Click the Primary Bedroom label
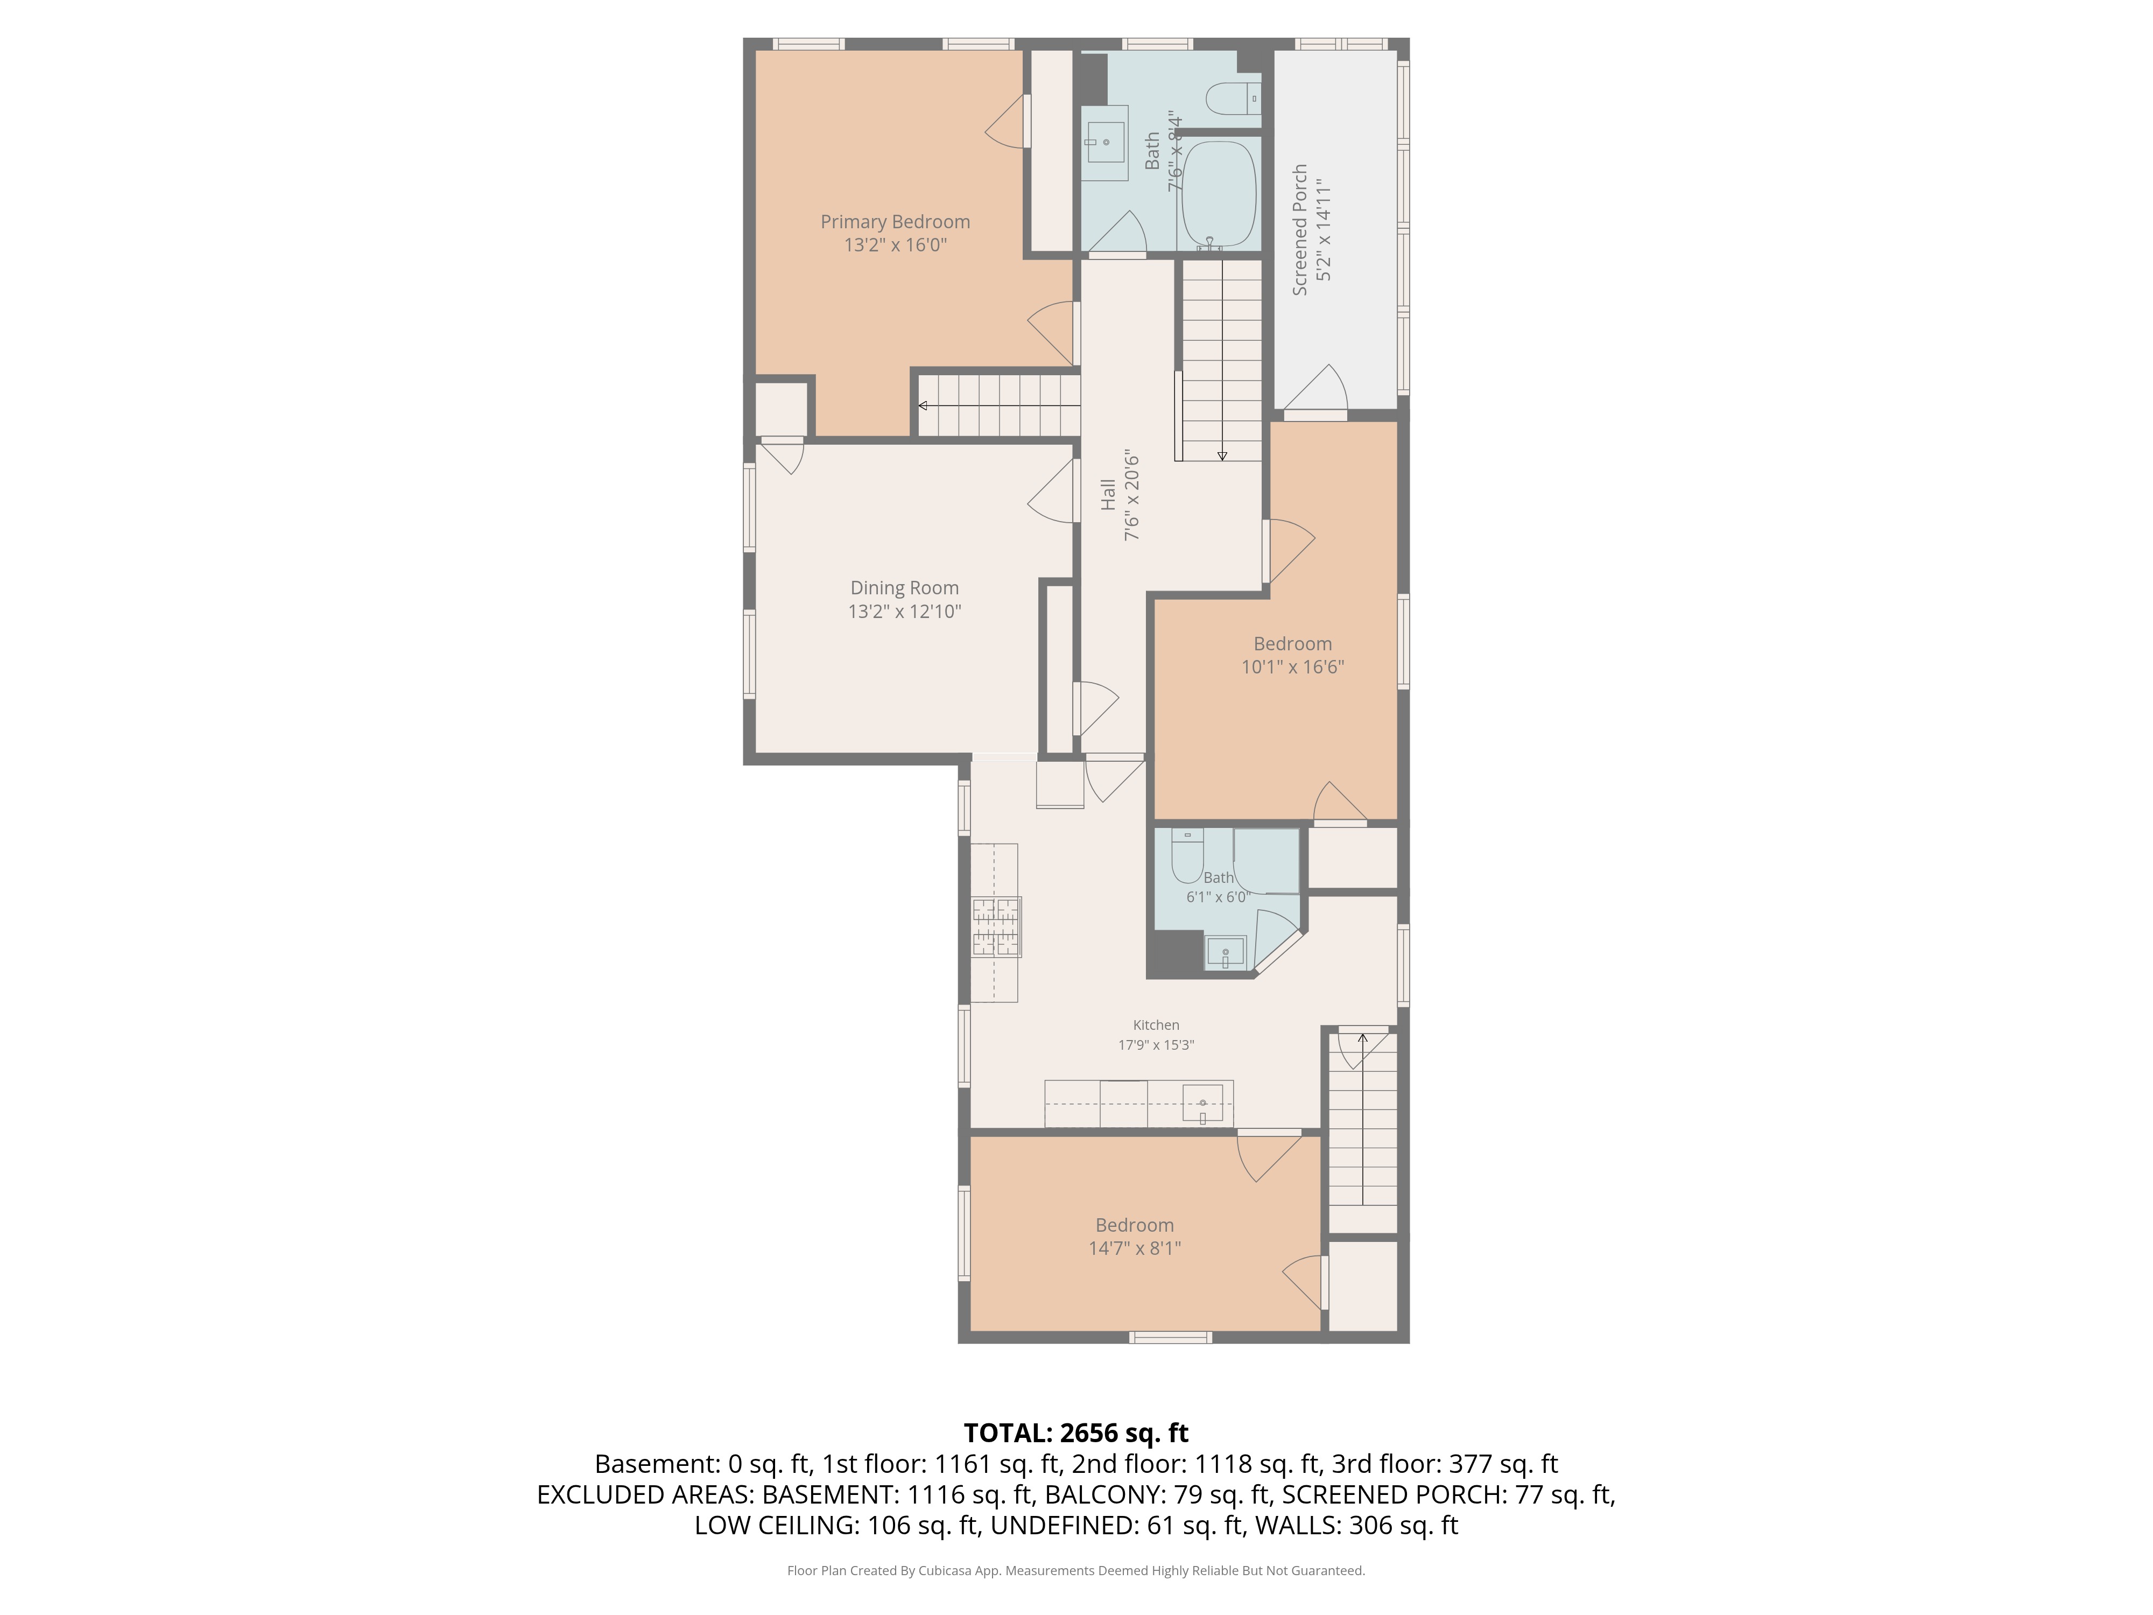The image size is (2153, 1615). coord(895,222)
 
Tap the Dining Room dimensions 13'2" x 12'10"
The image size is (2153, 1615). coord(904,612)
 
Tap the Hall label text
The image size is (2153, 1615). coord(1108,495)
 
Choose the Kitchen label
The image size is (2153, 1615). coord(1155,1025)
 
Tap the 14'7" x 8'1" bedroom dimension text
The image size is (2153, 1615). coord(1134,1248)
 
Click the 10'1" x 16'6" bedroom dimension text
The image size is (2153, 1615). coord(1292,667)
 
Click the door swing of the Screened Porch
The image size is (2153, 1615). coord(1314,389)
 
